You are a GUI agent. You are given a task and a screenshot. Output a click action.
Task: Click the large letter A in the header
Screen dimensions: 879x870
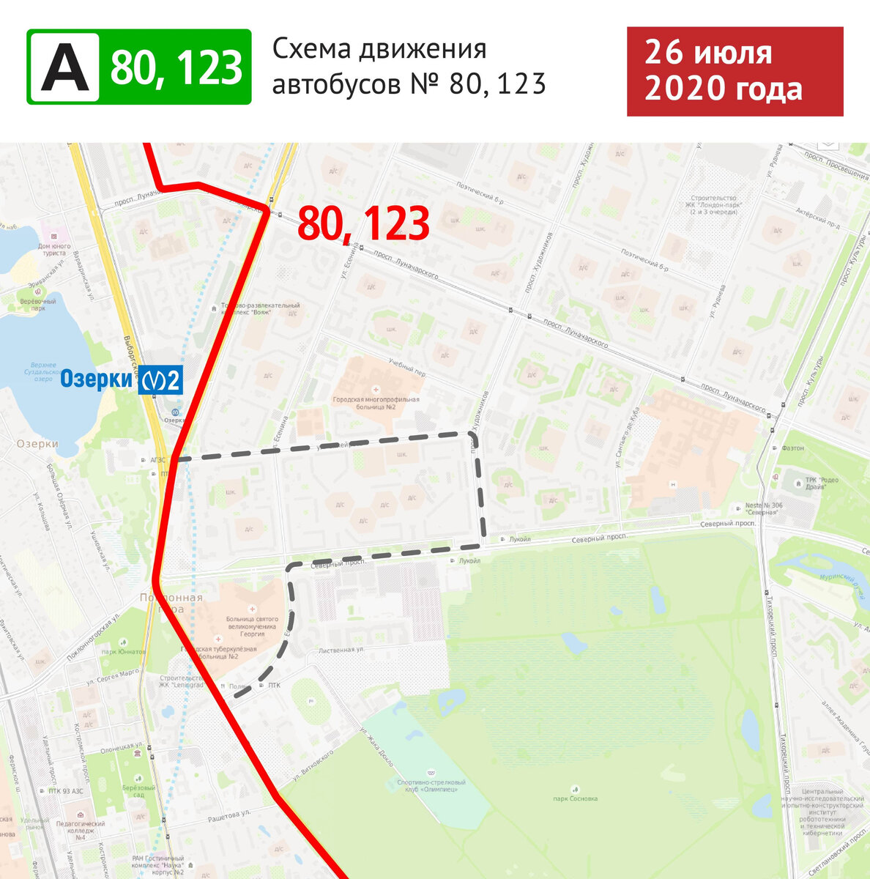tap(64, 67)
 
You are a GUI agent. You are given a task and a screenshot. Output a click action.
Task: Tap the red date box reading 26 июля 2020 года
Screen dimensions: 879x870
tap(735, 72)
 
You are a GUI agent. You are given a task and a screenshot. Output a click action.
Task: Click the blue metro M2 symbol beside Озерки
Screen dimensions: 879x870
tap(161, 380)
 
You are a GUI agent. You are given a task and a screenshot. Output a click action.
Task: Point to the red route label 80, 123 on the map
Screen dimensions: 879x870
tap(363, 224)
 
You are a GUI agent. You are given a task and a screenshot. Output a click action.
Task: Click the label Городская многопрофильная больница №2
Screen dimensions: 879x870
tap(376, 404)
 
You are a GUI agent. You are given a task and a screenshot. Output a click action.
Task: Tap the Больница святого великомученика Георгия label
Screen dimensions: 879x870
tap(251, 626)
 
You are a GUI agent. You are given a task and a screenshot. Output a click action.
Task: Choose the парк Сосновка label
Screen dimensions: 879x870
tap(576, 798)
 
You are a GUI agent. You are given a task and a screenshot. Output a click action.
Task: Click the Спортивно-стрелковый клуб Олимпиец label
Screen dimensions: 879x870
tap(431, 787)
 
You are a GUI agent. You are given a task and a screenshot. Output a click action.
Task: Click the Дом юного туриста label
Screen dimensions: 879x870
tap(54, 250)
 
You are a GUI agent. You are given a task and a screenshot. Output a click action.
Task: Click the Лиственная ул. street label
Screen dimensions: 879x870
tap(341, 650)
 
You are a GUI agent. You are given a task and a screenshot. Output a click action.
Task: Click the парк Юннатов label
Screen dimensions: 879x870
tap(124, 651)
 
